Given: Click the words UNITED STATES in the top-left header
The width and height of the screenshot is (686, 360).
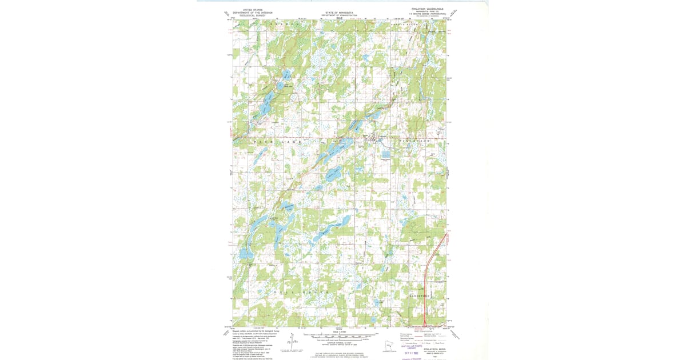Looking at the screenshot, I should (253, 9).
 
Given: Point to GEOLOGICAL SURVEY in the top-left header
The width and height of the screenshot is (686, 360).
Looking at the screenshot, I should (253, 15).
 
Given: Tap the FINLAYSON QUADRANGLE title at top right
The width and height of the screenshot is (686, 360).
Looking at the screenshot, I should (427, 9).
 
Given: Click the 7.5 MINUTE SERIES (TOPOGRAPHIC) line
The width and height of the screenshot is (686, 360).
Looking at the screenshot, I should (427, 14).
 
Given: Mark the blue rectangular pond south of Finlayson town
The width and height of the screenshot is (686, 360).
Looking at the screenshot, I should (386, 154).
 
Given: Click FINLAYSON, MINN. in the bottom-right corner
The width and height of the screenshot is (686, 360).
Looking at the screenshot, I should (434, 349).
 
